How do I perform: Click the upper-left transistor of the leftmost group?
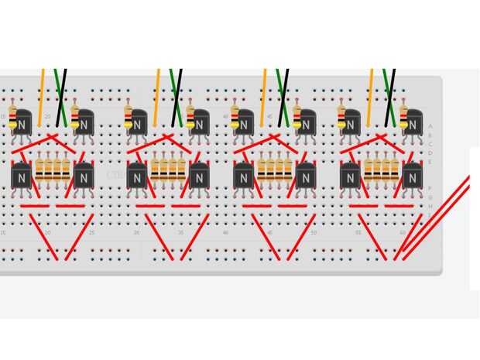22,123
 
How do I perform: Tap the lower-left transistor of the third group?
244,178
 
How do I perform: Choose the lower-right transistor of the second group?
198,178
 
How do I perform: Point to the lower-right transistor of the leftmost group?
83,178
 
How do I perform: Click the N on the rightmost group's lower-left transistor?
350,178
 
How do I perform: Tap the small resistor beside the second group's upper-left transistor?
128,116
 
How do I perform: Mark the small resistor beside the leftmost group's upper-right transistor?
75,116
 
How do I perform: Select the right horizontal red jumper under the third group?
293,206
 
